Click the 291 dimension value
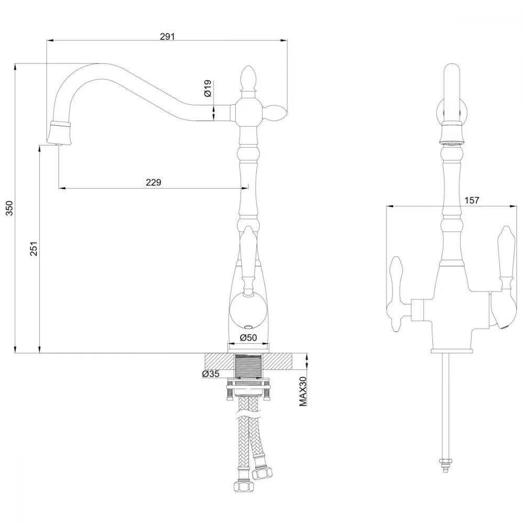167,36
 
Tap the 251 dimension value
34,248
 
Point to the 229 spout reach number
154,182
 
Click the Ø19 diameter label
208,88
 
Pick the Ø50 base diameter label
248,337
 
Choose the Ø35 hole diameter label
211,374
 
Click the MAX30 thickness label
303,391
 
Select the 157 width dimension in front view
472,200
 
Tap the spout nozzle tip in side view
60,133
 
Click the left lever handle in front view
397,294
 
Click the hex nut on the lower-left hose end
241,486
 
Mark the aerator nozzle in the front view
452,134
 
